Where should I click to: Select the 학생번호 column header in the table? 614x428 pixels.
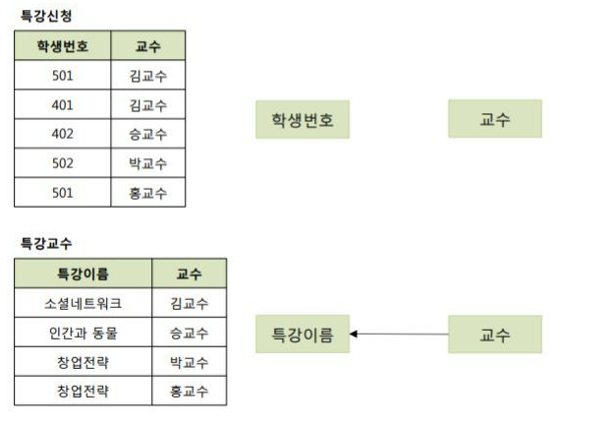pos(63,46)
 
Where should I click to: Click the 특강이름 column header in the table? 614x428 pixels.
pos(84,274)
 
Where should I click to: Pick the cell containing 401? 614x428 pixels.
pos(63,104)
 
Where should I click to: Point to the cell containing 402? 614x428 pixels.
pos(63,134)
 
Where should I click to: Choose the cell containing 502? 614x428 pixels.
pos(63,163)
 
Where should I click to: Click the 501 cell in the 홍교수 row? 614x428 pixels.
pos(63,193)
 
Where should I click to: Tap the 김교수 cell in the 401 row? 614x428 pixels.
pos(147,104)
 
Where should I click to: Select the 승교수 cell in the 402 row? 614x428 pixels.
pos(147,134)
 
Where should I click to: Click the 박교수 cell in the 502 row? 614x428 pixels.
pos(147,163)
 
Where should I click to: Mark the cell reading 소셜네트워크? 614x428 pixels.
pos(84,303)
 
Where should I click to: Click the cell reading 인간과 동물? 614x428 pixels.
pos(84,333)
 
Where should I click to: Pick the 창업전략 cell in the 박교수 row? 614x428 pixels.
pos(84,362)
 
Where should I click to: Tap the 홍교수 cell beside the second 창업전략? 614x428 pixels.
pos(189,392)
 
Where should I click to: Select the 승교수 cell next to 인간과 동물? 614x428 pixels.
pos(189,333)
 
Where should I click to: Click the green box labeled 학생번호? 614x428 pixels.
pos(303,119)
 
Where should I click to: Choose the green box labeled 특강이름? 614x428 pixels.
pos(303,335)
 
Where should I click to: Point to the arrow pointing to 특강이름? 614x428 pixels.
pos(398,335)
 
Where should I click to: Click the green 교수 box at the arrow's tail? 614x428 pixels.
pos(494,335)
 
